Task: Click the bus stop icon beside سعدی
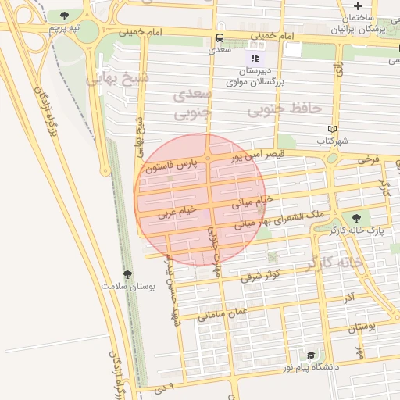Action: pos(220,37)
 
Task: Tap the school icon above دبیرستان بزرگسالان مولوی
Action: pos(254,57)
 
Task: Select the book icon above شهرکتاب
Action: pos(333,129)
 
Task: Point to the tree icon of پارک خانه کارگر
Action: pos(356,218)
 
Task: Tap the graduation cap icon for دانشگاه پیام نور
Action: pos(311,355)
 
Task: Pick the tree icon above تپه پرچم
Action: pos(63,15)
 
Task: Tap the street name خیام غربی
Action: pos(177,211)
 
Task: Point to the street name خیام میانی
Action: pos(253,202)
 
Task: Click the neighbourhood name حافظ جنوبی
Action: pos(284,109)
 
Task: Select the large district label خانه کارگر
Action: pos(334,262)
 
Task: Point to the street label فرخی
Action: pos(368,159)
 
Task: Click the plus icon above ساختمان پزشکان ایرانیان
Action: pos(357,6)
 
